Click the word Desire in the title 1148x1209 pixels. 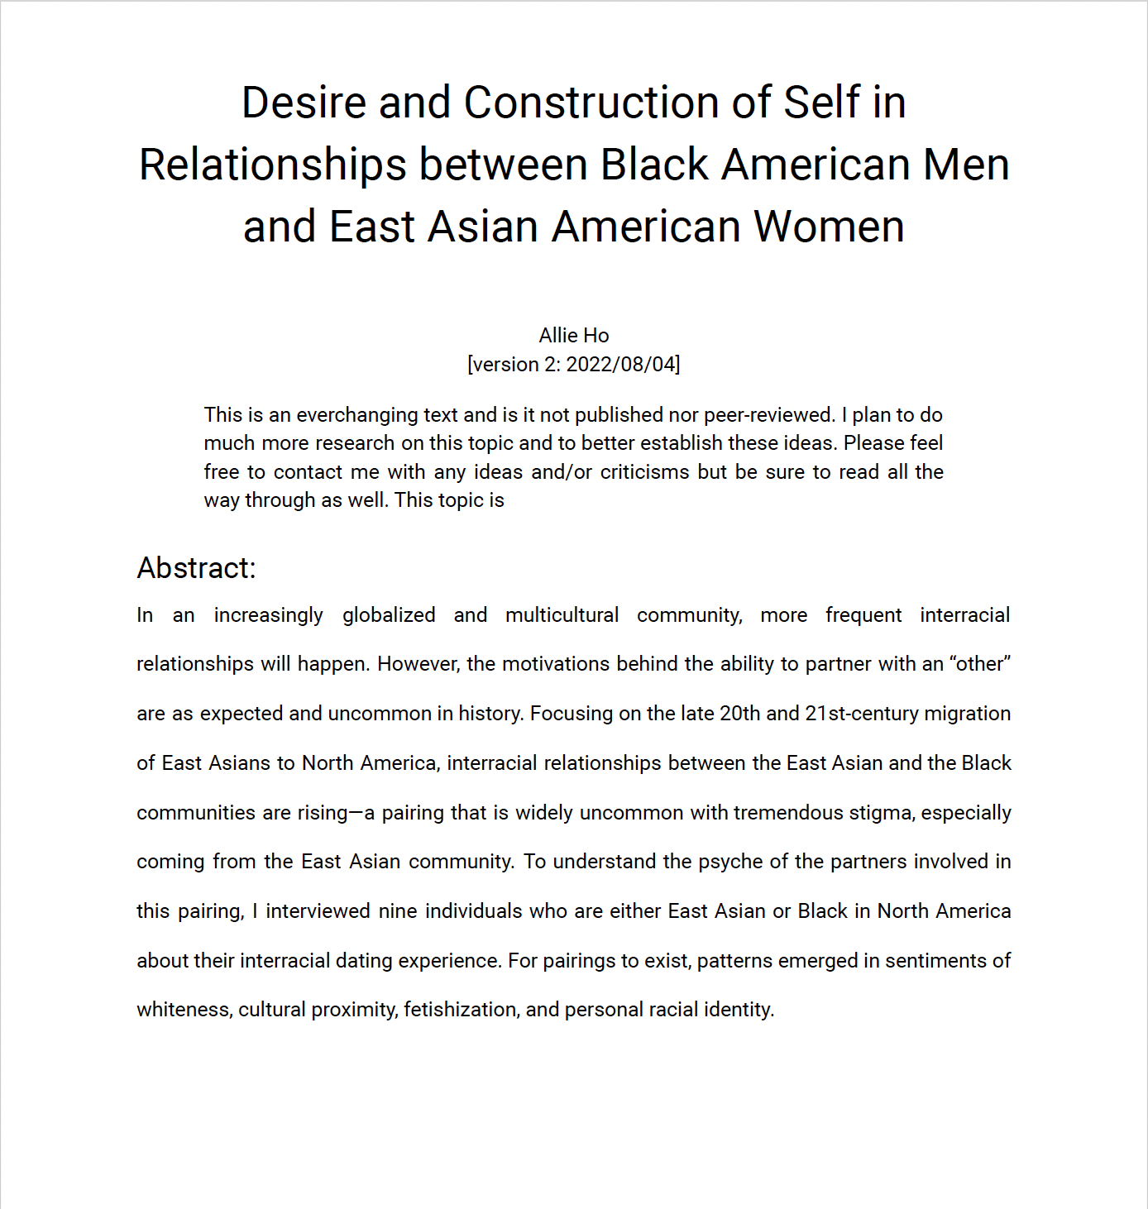pos(304,103)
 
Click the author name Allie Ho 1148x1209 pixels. pos(574,335)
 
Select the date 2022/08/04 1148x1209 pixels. pos(621,364)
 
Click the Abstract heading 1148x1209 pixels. pos(197,568)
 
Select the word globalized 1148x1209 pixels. pos(389,614)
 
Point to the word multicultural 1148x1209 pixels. pos(562,614)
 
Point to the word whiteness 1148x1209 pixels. pos(184,1010)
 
